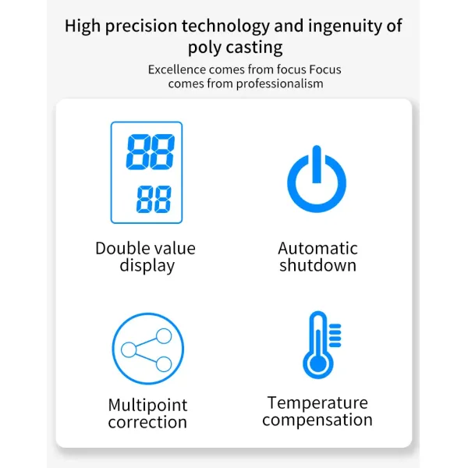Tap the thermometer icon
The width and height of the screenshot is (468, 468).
pyautogui.click(x=320, y=345)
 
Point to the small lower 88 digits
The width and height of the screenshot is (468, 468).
pyautogui.click(x=154, y=200)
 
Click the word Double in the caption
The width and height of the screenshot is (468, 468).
pyautogui.click(x=122, y=249)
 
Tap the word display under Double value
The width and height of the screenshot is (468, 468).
pyautogui.click(x=147, y=266)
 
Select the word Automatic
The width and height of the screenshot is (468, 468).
pyautogui.click(x=317, y=249)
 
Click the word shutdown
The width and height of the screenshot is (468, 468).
pyautogui.click(x=317, y=266)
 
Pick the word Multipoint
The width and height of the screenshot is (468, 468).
pyautogui.click(x=147, y=406)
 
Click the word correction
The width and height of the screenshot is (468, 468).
pyautogui.click(x=147, y=423)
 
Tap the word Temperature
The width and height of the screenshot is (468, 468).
pyautogui.click(x=317, y=403)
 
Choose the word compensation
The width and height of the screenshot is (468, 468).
pyautogui.click(x=317, y=420)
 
